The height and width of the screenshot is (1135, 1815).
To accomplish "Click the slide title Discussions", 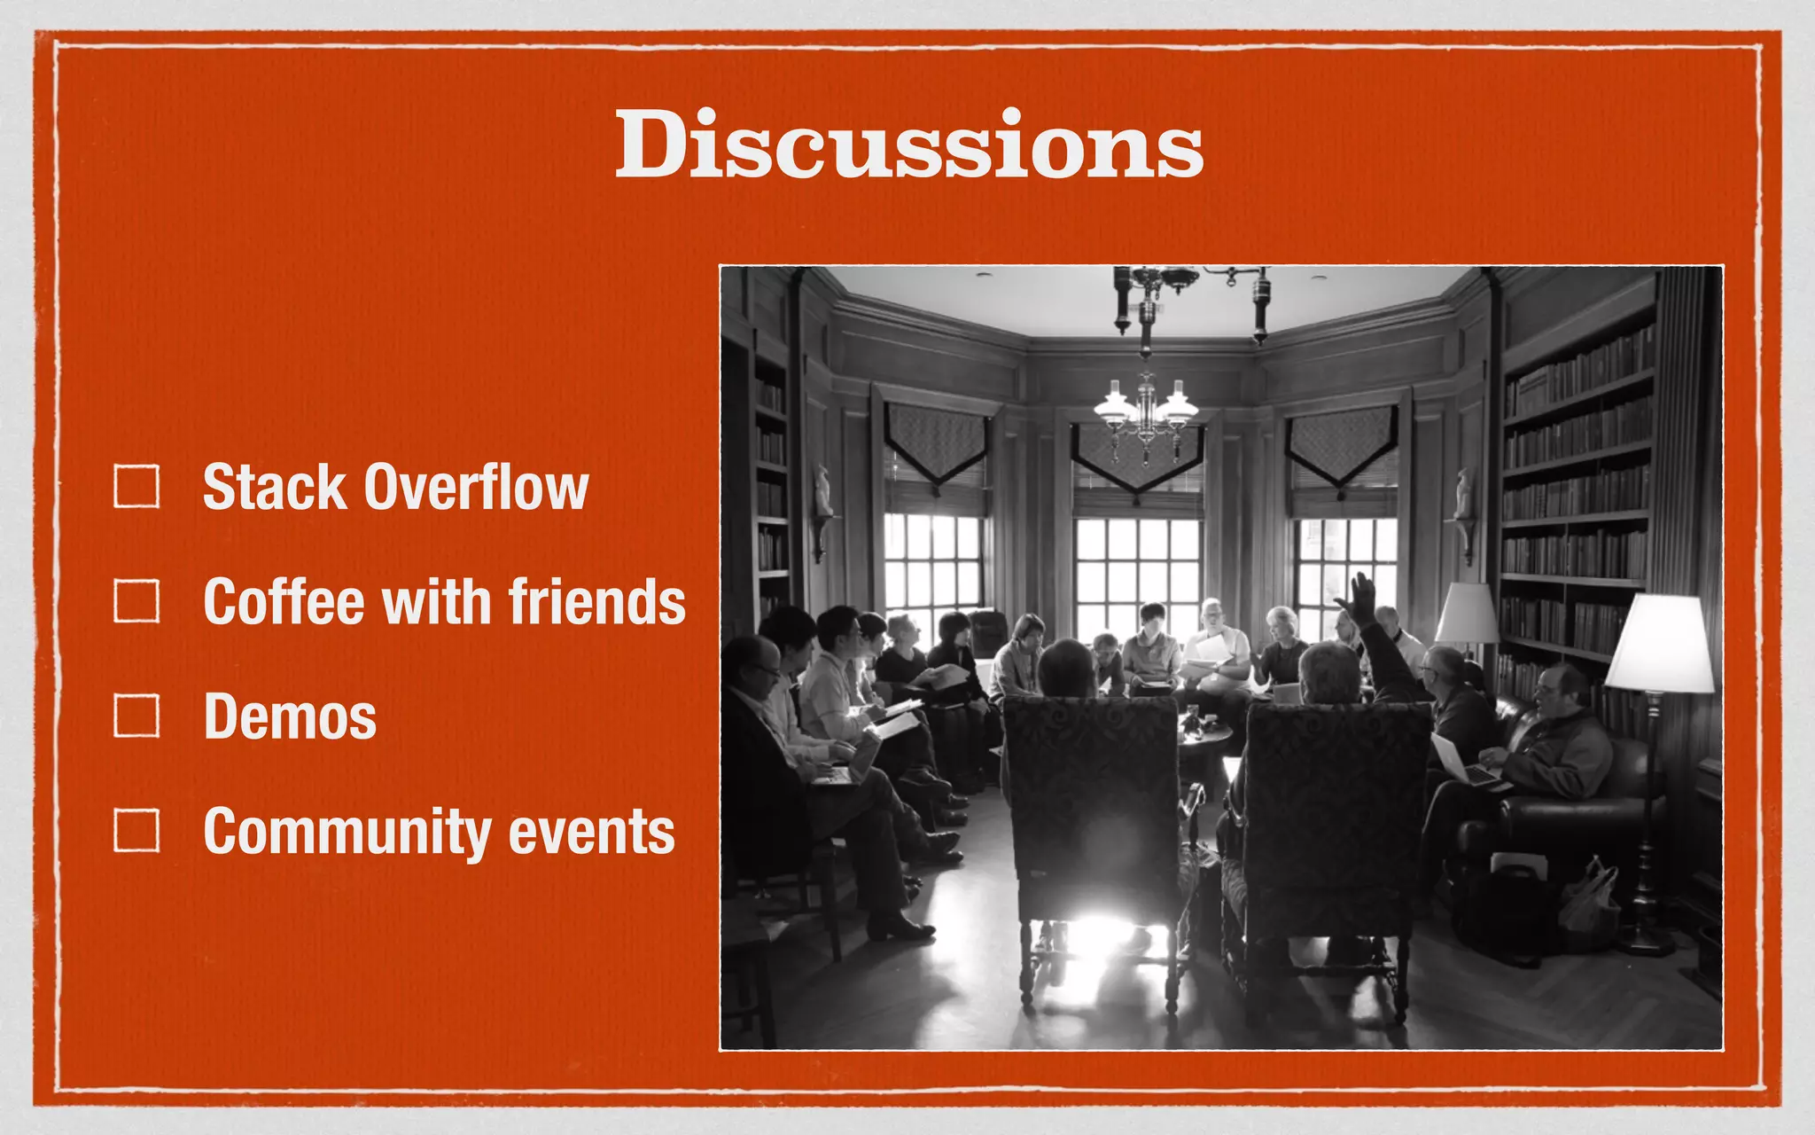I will point(909,145).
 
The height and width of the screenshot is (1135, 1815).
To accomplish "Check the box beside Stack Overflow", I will point(136,487).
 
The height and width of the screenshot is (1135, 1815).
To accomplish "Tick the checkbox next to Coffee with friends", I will point(136,601).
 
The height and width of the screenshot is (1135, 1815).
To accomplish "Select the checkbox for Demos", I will point(136,716).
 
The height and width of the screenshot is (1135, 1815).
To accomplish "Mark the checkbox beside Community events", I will point(136,830).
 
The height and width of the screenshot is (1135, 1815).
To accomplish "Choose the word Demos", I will point(290,716).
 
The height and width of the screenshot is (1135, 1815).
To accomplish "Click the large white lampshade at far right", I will point(1659,645).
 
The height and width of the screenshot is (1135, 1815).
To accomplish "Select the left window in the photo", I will point(932,567).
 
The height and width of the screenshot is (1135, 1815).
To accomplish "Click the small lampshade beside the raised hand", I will point(1466,614).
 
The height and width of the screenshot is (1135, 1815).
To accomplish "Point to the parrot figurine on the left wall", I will point(824,492).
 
